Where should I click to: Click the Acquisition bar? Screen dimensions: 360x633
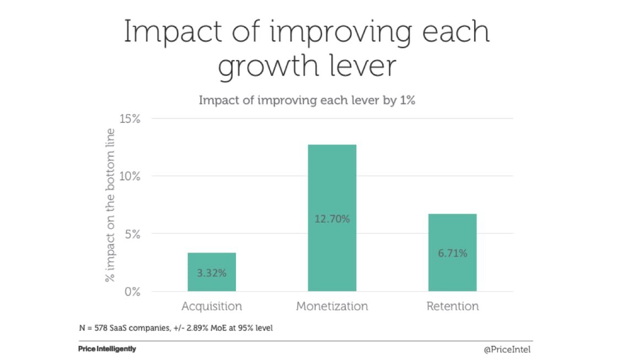[x=212, y=272]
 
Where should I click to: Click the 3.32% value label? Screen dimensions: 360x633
[x=212, y=273]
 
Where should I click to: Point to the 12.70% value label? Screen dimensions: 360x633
[x=332, y=219]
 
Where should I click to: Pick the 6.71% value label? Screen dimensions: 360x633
[x=452, y=254]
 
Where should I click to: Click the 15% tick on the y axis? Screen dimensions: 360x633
[x=130, y=119]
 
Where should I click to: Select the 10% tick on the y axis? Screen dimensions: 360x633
[x=130, y=176]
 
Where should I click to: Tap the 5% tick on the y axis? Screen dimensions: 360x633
[x=133, y=234]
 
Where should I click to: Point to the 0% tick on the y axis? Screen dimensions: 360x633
[x=133, y=292]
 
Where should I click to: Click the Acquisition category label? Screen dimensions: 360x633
[x=212, y=306]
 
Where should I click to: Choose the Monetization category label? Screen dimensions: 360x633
[x=332, y=306]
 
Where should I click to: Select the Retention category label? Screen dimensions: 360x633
[x=452, y=306]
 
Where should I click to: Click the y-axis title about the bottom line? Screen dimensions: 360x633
[x=110, y=205]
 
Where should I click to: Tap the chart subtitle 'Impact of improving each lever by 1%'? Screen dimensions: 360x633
[x=307, y=101]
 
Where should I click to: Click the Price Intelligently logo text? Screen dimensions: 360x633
[x=107, y=349]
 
